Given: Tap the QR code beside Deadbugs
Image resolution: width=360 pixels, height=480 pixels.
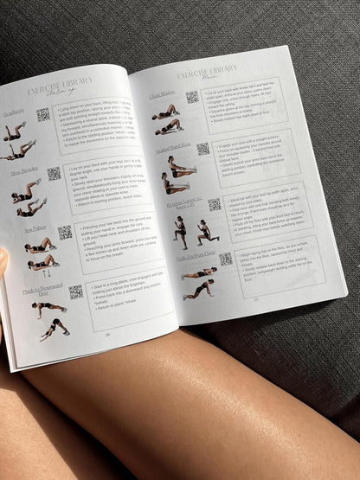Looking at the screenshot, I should pos(42,114).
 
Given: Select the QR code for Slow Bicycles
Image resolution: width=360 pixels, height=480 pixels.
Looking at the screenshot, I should pos(54,173).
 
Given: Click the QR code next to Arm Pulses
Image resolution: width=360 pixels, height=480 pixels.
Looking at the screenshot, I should pos(64,232).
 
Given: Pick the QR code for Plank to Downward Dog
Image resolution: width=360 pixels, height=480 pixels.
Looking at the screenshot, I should pos(74,292).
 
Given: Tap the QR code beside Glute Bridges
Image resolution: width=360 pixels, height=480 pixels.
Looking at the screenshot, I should pos(191,97).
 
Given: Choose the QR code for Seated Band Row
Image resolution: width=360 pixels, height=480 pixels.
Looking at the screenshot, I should pos(202,148).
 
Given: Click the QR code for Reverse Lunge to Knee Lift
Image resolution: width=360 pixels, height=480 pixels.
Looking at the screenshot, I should pos(214,204).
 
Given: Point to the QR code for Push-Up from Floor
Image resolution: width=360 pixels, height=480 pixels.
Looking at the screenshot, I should pos(225,259).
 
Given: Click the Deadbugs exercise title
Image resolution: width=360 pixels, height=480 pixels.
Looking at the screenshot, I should pos(13,112).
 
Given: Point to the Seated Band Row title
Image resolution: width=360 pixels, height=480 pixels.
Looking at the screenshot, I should pos(173,149).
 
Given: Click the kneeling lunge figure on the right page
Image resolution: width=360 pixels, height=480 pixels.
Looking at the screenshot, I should pos(204,231).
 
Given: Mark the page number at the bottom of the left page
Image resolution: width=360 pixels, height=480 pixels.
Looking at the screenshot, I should pos(107,334).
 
